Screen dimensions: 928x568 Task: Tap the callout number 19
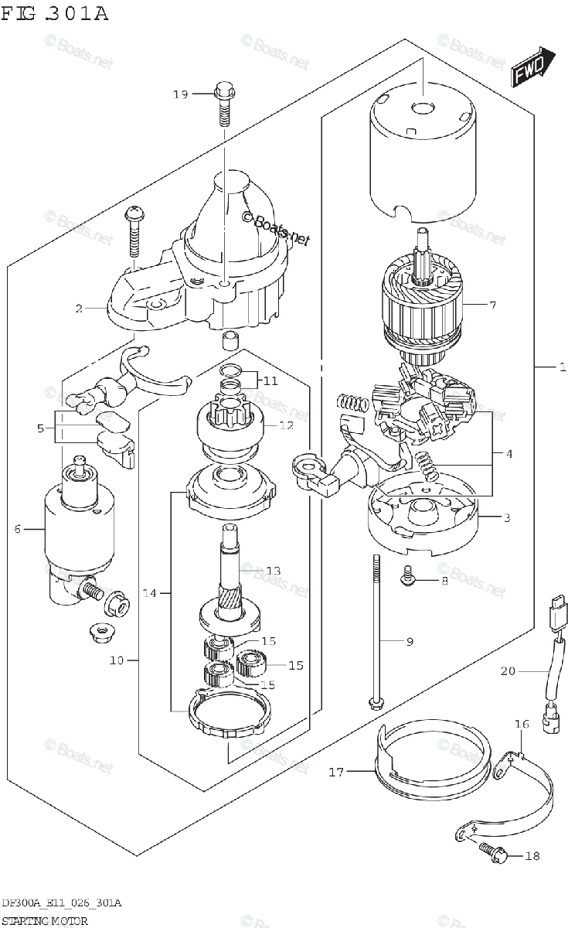click(x=180, y=94)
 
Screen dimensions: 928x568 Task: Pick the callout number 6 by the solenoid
click(x=17, y=529)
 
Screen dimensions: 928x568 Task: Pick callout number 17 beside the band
click(x=335, y=771)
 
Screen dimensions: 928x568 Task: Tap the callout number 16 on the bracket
click(x=522, y=725)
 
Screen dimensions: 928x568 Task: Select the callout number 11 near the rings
click(x=269, y=380)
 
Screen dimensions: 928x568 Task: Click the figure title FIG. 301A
click(x=54, y=14)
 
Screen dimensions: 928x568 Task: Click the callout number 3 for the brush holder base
click(x=507, y=518)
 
